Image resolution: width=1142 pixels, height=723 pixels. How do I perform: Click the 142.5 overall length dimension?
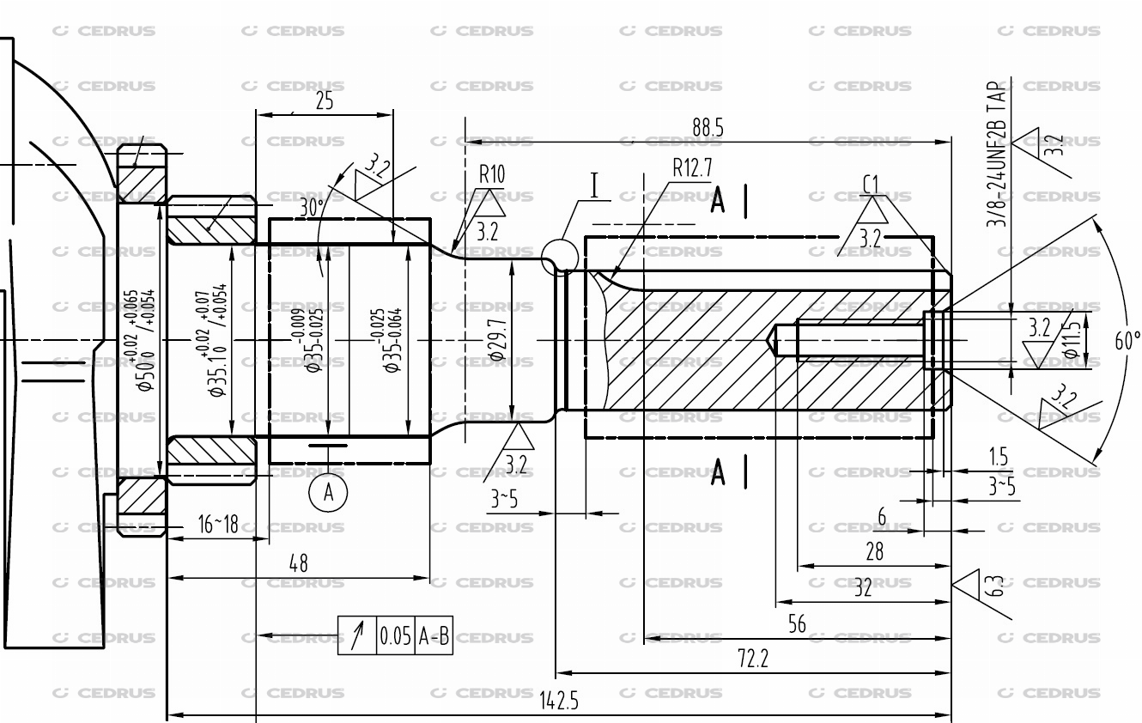pyautogui.click(x=559, y=702)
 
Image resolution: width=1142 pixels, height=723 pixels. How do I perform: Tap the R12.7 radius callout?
pyautogui.click(x=692, y=168)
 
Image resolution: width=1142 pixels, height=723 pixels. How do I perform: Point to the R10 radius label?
pyautogui.click(x=492, y=174)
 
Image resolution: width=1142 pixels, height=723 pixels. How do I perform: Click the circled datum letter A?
pyautogui.click(x=328, y=493)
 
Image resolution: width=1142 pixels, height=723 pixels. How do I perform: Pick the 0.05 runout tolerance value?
pyautogui.click(x=395, y=637)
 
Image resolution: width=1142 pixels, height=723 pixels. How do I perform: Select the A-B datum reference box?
pyautogui.click(x=434, y=637)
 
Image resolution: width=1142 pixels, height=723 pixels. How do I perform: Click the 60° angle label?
pyautogui.click(x=1127, y=341)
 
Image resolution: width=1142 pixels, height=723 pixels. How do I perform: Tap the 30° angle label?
pyautogui.click(x=312, y=207)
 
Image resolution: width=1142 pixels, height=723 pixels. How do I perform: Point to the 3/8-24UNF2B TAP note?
pyautogui.click(x=997, y=155)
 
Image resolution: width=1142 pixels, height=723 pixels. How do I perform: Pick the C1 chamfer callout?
pyautogui.click(x=871, y=183)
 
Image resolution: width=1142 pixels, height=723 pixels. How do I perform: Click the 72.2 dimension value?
pyautogui.click(x=753, y=659)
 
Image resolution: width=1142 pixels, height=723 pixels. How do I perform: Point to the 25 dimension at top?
pyautogui.click(x=325, y=101)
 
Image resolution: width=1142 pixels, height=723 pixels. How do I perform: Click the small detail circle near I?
pyautogui.click(x=560, y=255)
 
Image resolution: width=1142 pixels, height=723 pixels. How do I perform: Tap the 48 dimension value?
pyautogui.click(x=298, y=564)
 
